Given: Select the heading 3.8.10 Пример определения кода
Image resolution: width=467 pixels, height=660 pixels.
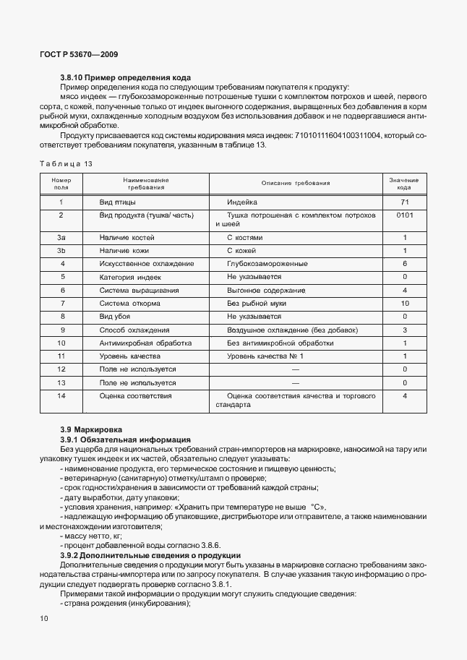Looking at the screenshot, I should pos(115,77).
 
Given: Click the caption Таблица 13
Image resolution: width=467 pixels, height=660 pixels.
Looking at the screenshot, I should pos(66,164).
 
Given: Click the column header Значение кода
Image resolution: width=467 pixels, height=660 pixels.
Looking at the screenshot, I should pos(405,183).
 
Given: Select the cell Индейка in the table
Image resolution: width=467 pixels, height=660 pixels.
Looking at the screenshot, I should pos(242,202).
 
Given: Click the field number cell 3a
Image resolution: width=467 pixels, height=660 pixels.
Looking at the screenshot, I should pos(61,237).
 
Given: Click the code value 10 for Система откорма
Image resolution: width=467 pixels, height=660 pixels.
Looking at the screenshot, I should pos(405,303).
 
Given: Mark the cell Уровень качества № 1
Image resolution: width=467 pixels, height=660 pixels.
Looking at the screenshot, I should pos(265,356).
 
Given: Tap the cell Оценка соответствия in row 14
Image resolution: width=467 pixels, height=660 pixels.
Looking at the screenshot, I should pos(135,396).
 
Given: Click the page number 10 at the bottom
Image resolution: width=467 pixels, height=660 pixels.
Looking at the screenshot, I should pos(44,619).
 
